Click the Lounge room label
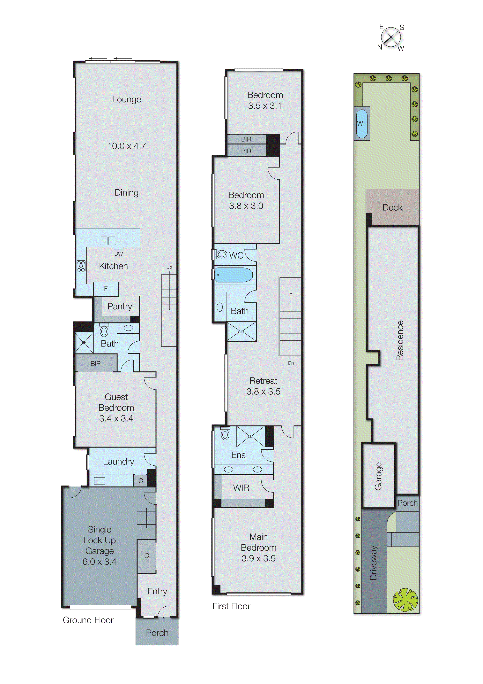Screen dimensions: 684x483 (126, 99)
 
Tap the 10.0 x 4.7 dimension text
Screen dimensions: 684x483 (126, 146)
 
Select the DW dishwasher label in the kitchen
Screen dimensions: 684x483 (118, 254)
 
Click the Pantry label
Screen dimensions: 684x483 (120, 306)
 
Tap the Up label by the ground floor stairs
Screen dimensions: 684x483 (169, 267)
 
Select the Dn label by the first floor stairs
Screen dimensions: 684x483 (291, 363)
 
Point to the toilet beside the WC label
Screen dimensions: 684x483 (221, 254)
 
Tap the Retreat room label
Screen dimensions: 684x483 (263, 381)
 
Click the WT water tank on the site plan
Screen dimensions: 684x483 (362, 123)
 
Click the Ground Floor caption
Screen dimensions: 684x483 (88, 620)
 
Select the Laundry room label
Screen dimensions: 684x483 (118, 462)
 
